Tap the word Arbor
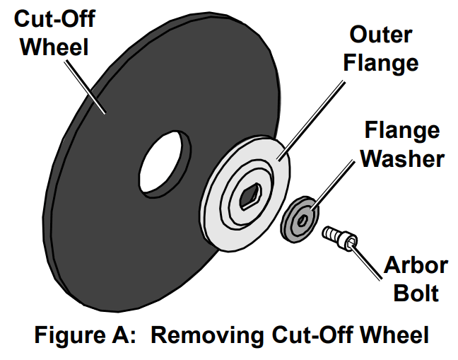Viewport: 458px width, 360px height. click(x=416, y=265)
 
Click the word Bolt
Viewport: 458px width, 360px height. click(x=416, y=292)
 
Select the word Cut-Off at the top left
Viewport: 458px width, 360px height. click(x=54, y=19)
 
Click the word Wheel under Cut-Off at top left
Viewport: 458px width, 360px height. click(x=54, y=47)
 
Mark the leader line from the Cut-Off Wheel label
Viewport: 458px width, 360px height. click(x=83, y=86)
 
